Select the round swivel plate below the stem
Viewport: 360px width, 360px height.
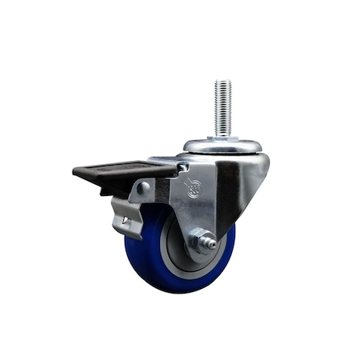(222, 146)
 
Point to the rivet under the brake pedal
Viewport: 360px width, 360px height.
(144, 189)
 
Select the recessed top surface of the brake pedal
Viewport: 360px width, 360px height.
(120, 170)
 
